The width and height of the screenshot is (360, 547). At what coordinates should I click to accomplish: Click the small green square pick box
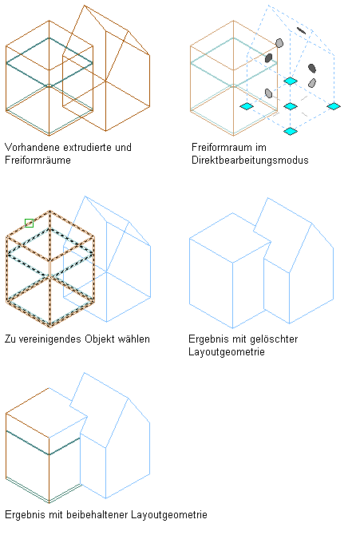(29, 223)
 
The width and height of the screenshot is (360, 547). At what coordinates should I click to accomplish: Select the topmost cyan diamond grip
(291, 81)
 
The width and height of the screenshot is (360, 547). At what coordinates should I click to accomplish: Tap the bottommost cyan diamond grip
(291, 131)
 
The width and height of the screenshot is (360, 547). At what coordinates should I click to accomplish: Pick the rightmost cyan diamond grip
(334, 106)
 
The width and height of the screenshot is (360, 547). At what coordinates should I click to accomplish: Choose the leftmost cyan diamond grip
(247, 106)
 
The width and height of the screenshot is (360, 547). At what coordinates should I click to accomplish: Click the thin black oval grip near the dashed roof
(301, 30)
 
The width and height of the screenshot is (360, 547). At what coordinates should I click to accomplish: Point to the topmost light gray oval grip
(279, 43)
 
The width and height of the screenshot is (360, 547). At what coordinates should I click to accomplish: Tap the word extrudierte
(88, 147)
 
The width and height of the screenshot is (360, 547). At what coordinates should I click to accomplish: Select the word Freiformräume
(38, 161)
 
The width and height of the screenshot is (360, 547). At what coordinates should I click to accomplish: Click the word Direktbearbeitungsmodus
(250, 161)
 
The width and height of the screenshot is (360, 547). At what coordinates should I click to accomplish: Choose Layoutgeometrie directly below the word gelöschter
(227, 351)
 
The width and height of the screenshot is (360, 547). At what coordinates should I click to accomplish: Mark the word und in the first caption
(123, 147)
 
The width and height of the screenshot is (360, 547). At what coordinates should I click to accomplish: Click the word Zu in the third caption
(10, 339)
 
